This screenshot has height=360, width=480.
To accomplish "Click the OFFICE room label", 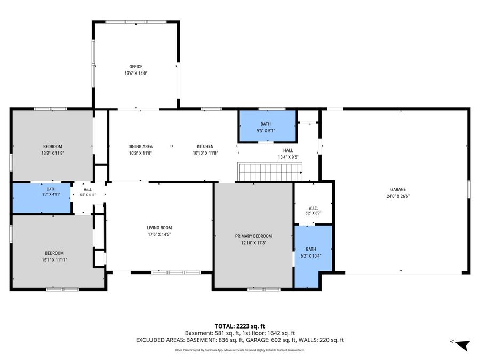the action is point(135,67).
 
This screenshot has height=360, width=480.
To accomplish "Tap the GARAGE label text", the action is point(398,189).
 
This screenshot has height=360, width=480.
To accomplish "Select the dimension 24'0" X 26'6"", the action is point(398,196).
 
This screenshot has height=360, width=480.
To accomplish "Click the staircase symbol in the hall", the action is point(270,172).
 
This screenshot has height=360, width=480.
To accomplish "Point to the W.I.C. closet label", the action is point(313,208).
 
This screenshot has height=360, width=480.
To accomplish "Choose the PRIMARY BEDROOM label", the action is point(253,236).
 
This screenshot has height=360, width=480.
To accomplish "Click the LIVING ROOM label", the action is point(159,227).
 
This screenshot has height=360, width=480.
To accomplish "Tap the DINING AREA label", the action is point(140,146).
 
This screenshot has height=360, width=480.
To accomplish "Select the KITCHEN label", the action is point(205,146).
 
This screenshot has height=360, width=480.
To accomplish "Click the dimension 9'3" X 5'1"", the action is point(266,131).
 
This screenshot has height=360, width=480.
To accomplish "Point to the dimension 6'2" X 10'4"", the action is point(311,256).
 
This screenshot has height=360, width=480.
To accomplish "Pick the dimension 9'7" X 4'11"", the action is point(51,194).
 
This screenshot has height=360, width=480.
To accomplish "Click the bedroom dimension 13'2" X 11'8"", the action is point(53,153).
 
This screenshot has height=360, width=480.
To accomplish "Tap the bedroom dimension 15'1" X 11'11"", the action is point(54,260).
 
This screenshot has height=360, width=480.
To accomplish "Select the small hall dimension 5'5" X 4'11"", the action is point(88,195).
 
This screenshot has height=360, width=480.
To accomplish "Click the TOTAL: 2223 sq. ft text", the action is point(239,326).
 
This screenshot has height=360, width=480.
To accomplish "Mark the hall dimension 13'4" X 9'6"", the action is point(288,157).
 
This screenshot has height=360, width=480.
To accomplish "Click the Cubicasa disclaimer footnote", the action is point(239,350).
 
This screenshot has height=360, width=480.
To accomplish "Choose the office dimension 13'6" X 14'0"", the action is point(136,73).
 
